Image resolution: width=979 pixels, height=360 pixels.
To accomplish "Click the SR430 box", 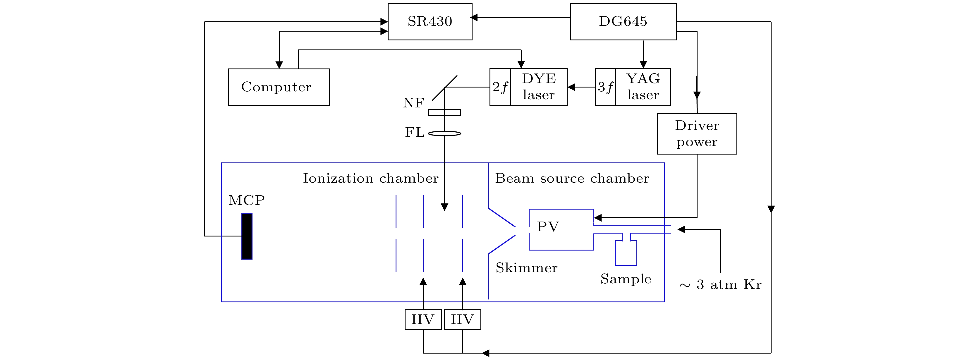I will pos(430,22).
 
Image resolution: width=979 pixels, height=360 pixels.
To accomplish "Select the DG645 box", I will pos(623,22).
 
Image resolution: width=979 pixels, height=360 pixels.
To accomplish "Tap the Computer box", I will pos(279,87).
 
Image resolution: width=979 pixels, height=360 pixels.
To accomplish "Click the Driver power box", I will pos(697,134).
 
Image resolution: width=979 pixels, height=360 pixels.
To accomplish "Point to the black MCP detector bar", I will pos(247,236).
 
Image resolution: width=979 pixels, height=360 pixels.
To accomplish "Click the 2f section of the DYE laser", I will pos(500,87).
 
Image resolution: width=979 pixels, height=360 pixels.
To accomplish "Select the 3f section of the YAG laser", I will pos(605,87).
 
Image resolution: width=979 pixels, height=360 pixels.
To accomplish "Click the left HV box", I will pos(423,320).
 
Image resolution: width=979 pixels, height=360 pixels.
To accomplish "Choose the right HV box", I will pos(463,320).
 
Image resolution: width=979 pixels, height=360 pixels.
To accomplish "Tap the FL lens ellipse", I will pos(444,133).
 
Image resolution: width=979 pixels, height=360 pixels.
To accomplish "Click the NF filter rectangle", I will pos(444,112).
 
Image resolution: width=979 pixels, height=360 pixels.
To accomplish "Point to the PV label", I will pos(548,227).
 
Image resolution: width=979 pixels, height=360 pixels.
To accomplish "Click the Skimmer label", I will pos(526,268).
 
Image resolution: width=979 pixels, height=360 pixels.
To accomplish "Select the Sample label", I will pos(626,279).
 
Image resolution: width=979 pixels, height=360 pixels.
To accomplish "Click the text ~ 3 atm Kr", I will pos(720,285).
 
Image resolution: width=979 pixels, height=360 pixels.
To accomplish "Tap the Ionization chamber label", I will pos(370,178).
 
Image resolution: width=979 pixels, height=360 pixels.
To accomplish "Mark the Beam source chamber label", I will pos(572,178).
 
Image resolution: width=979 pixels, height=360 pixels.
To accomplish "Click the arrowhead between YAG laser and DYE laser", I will pos(571,87).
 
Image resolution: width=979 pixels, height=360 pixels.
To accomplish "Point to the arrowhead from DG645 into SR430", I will pos(474,18).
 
